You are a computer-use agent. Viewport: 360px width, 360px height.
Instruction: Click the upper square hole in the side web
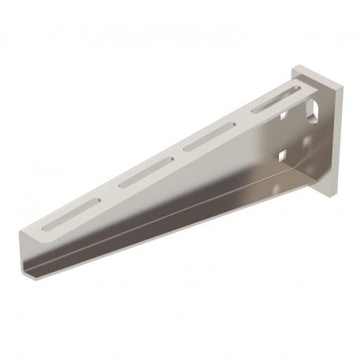[x=282, y=116]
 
